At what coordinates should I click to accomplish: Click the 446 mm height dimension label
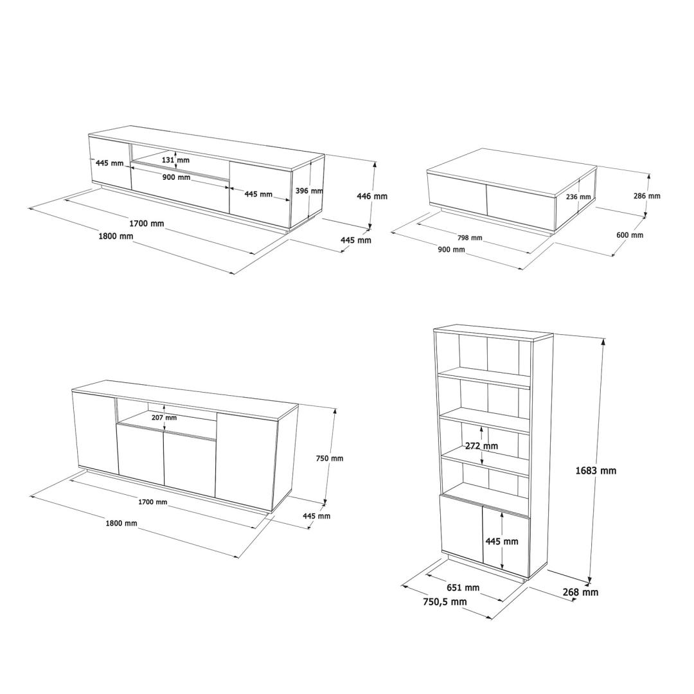point(372,195)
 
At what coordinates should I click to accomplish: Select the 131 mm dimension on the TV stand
point(175,160)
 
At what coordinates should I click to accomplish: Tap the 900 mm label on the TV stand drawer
point(176,177)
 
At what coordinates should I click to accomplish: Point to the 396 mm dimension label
point(309,191)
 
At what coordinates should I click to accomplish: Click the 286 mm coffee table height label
point(646,195)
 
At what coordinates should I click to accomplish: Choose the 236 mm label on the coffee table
point(578,197)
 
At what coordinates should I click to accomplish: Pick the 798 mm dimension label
point(470,238)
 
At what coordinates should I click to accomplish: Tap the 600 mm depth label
point(630,235)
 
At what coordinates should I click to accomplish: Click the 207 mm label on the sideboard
point(164,418)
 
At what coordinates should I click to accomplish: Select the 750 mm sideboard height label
point(330,458)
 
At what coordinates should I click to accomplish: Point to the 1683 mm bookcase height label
point(596,470)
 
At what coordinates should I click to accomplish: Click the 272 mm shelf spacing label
point(481,446)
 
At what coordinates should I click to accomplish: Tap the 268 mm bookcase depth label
point(580,592)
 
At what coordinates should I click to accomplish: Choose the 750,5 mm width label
point(445,601)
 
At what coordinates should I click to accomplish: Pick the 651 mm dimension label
point(463,587)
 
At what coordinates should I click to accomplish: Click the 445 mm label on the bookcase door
point(501,541)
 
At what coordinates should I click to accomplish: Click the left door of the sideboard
point(95,431)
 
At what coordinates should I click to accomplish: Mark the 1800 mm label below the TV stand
point(116,236)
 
